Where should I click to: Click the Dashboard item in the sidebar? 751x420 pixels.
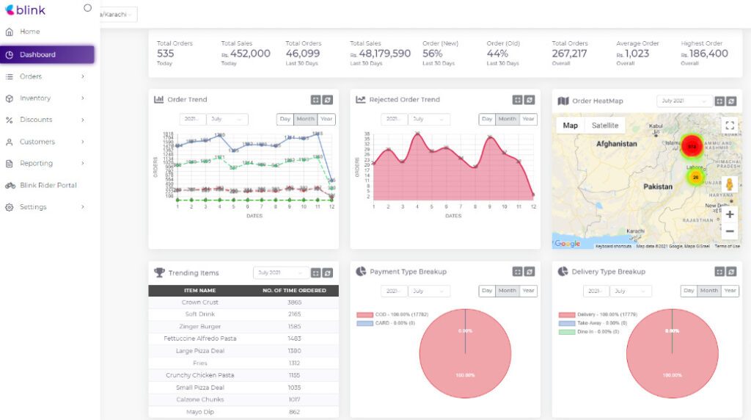37,54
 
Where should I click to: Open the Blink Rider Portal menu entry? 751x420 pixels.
48,185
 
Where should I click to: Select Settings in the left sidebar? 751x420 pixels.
33,207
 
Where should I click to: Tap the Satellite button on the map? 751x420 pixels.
605,126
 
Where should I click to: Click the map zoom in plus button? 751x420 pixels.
729,214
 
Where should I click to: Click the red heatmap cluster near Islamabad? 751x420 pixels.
691,146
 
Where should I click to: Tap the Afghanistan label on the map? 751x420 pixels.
617,144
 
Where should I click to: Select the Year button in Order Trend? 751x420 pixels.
326,119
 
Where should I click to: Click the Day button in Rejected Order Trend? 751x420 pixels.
487,119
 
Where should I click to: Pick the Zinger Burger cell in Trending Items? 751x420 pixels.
200,327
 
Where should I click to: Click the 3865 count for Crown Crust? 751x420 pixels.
294,303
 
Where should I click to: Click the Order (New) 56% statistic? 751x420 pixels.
433,54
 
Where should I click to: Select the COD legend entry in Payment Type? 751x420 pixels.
396,315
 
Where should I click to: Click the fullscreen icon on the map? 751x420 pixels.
729,126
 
